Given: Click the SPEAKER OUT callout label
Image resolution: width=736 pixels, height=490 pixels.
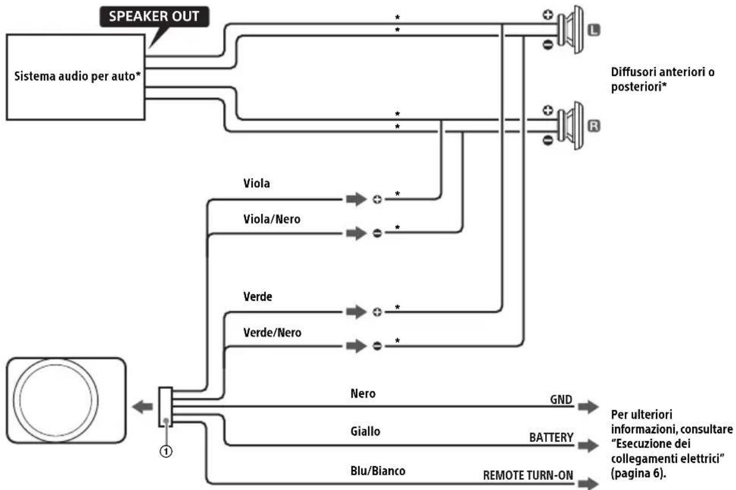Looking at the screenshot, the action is click(154, 16).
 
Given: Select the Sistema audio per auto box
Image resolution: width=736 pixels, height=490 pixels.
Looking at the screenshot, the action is click(76, 77).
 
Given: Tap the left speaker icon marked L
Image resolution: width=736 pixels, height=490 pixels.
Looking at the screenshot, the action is click(571, 29).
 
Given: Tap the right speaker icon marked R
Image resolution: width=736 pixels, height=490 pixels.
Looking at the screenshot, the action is click(571, 125).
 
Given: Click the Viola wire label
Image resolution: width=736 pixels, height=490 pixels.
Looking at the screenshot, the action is click(257, 183).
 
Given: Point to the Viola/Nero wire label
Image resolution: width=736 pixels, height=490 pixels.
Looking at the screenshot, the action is click(271, 219).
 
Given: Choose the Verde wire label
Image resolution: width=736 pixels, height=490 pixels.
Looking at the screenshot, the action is click(258, 297).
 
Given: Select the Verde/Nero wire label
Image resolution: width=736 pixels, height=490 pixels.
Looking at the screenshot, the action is click(272, 333).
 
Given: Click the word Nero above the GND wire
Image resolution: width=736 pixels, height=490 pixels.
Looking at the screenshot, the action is click(363, 394).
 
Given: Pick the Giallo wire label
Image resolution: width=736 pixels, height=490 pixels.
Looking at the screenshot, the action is click(365, 431).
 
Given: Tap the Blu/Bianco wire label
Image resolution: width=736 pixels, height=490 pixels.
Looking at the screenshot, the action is click(378, 471).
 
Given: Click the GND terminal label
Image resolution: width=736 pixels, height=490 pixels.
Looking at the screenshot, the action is click(561, 400).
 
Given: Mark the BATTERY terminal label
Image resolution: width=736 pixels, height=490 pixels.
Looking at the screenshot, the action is click(551, 437).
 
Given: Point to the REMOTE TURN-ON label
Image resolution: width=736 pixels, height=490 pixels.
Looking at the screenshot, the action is click(528, 475).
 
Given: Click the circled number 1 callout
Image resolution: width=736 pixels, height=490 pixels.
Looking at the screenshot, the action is click(166, 451).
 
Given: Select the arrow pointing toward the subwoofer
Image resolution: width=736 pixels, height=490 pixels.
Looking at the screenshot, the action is click(143, 407).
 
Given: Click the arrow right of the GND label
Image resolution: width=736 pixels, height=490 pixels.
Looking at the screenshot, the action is click(588, 406).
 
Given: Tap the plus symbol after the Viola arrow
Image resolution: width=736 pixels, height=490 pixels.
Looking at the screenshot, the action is click(377, 199).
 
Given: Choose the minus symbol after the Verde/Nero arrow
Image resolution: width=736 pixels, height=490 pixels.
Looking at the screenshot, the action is click(377, 345).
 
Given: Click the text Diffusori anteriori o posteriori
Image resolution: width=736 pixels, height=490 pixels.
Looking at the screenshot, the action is click(662, 79).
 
